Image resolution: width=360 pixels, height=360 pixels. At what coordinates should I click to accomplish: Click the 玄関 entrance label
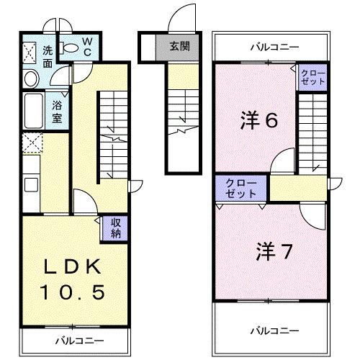[179, 47]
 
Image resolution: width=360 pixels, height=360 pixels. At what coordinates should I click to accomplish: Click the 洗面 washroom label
[48, 56]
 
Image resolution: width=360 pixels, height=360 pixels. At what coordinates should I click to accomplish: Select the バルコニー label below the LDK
[80, 339]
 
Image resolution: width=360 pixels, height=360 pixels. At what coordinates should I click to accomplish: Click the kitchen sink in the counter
[32, 185]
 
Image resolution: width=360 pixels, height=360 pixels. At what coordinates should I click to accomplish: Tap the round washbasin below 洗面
[30, 78]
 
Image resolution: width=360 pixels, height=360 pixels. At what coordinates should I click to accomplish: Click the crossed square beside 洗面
[30, 52]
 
